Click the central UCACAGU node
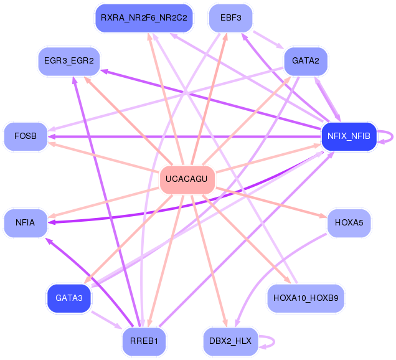[x=187, y=179]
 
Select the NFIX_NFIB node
[x=349, y=136]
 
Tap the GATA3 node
[x=68, y=298]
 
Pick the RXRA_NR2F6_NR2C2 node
[x=144, y=18]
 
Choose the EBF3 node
[x=230, y=18]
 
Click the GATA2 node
[x=306, y=61]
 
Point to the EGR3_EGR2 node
[x=68, y=61]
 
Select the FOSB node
[x=26, y=136]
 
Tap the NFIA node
[x=26, y=223]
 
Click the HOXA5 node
[x=349, y=223]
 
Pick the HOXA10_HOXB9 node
[x=306, y=298]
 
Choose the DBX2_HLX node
[x=230, y=341]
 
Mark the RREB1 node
[x=144, y=341]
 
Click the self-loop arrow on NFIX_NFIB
[x=392, y=136]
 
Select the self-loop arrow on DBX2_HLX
[x=274, y=341]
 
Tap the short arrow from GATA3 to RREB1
[x=106, y=320]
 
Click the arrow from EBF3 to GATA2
[x=269, y=40]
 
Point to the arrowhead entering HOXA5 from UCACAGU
[x=323, y=216]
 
